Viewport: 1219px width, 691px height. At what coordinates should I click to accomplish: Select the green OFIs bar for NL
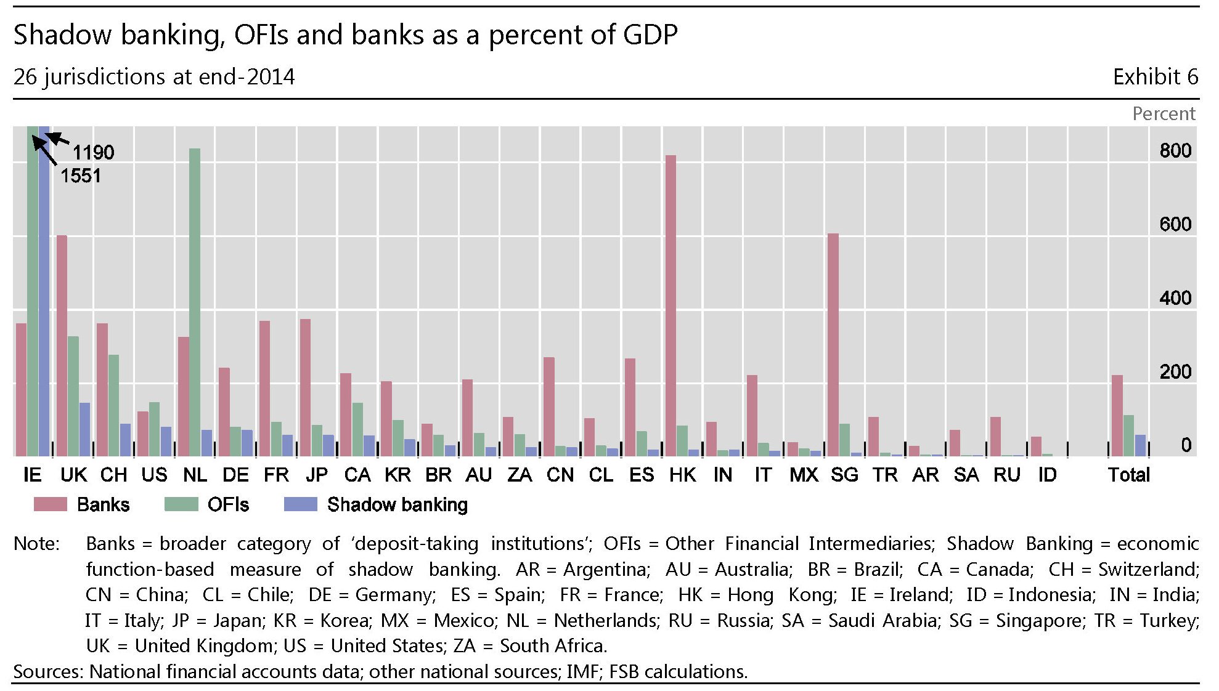(195, 302)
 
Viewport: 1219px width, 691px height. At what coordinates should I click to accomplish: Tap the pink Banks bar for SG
(833, 345)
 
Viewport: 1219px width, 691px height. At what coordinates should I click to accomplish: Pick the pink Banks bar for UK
(62, 345)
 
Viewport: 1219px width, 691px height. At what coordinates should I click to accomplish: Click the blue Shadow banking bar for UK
(84, 429)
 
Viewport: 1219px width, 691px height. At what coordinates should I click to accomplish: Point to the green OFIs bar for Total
(1128, 435)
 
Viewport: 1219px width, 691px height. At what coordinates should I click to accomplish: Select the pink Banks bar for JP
(305, 387)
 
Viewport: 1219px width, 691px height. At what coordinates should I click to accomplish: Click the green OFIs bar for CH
(113, 405)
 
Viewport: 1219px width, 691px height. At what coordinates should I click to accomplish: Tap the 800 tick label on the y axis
(1175, 151)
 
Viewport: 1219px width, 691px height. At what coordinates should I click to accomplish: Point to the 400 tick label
(1175, 298)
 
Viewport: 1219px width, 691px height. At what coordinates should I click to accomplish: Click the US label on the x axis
(154, 475)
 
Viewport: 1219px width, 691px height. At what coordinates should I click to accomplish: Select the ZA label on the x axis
(520, 475)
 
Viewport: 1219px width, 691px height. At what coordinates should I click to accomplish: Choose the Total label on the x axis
(1129, 475)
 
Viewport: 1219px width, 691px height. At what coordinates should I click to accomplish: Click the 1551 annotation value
(81, 176)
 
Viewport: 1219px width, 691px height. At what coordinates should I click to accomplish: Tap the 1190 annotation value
(94, 152)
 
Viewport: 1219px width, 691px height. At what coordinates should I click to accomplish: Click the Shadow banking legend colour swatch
(300, 504)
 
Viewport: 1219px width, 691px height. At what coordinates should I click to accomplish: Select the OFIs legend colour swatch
(181, 504)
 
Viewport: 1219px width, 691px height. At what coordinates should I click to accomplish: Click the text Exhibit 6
(1155, 77)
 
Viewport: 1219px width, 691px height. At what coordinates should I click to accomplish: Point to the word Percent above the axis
(1164, 114)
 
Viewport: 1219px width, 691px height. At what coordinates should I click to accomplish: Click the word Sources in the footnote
(47, 671)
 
